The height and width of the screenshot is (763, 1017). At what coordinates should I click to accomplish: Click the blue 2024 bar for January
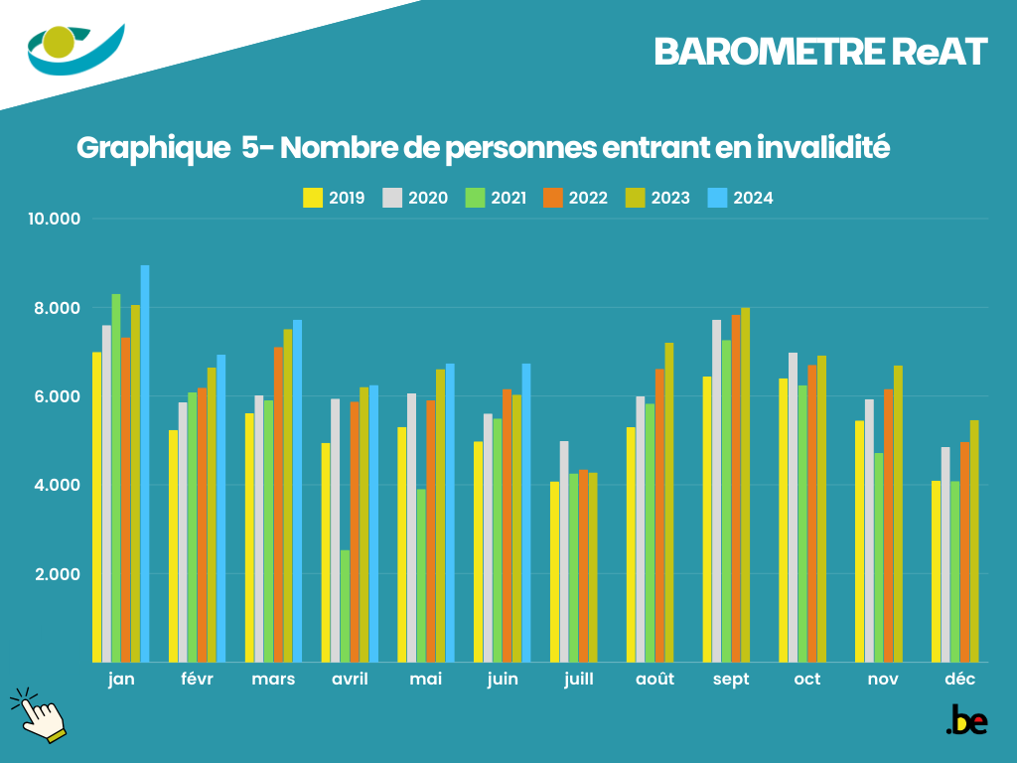145,463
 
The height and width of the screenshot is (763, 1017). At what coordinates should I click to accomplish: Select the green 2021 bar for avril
345,606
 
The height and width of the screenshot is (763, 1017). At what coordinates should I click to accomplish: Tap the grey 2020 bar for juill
564,551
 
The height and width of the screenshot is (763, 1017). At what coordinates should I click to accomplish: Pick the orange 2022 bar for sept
736,488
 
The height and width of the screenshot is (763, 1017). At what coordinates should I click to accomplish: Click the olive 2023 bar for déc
974,540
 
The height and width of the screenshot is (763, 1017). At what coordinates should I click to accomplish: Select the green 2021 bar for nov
879,557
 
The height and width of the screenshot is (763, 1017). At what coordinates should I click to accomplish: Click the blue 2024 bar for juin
526,513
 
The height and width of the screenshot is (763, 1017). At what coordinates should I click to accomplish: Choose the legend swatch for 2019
313,198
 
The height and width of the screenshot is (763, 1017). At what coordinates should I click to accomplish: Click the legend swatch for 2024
717,198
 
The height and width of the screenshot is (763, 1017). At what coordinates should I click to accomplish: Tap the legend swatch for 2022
553,198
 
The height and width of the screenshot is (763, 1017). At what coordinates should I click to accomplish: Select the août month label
654,680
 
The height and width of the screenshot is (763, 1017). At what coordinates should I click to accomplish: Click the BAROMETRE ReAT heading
820,53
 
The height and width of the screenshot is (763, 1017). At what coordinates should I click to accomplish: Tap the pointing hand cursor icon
38,714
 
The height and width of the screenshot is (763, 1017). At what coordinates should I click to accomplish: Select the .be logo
966,720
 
